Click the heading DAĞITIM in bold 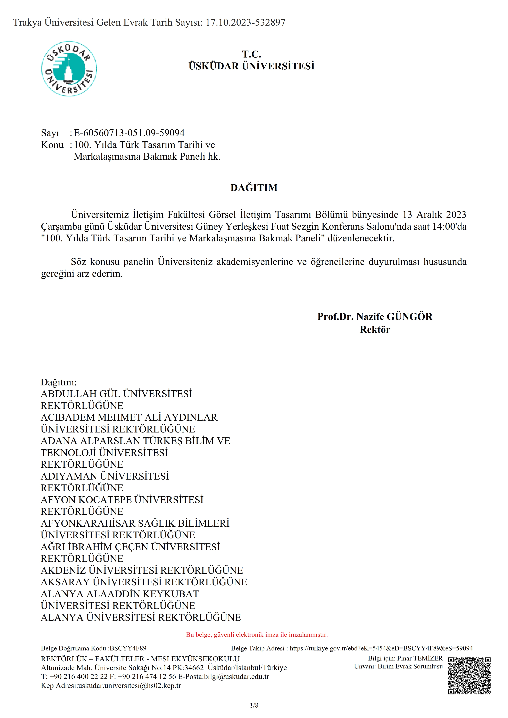[254, 188]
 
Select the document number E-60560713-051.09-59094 [129, 133]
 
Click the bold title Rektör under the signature [375, 330]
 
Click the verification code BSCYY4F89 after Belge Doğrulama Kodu [128, 648]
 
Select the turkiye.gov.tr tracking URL [381, 648]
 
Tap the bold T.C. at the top [251, 54]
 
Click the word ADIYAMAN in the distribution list [69, 476]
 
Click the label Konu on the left [52, 145]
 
